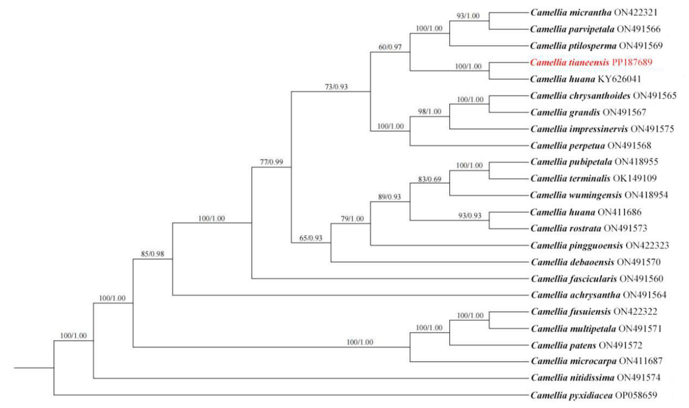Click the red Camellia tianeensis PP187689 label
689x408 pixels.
[591, 62]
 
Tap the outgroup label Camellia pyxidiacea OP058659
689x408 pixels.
[594, 395]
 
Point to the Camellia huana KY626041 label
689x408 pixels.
[585, 79]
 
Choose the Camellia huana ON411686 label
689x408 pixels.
[586, 212]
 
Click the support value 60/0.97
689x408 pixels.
[390, 47]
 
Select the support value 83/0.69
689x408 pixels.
[429, 179]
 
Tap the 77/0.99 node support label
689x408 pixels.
[272, 162]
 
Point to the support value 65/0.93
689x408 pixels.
[311, 238]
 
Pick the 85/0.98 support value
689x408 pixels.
[152, 254]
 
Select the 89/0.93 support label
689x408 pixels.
[389, 197]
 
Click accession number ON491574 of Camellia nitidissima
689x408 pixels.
[638, 377]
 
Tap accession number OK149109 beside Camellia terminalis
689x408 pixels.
[635, 178]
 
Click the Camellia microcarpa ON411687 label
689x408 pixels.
[596, 361]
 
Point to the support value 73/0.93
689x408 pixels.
[336, 87]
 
